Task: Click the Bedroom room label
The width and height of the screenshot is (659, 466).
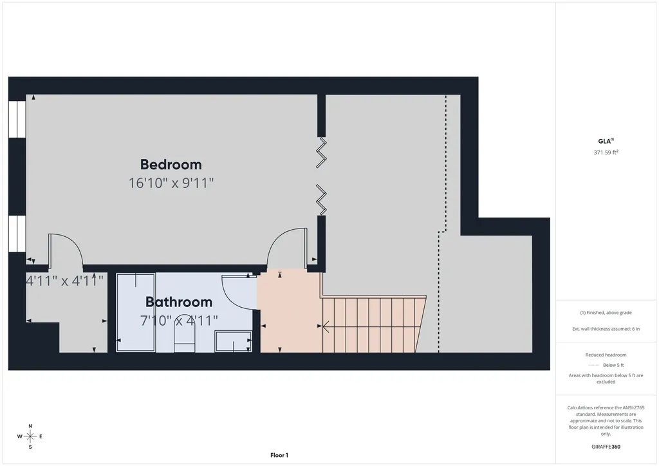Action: (171, 164)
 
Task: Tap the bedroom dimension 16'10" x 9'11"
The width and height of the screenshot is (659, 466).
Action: (171, 183)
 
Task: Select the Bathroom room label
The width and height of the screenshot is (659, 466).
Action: (179, 302)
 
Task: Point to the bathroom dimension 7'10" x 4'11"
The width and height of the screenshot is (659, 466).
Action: (179, 321)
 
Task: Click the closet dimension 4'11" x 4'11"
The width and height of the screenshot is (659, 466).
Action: (65, 281)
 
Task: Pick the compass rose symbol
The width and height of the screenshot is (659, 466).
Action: (30, 436)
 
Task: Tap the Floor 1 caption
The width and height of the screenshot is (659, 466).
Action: (279, 455)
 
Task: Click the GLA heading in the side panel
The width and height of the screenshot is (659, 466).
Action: (606, 141)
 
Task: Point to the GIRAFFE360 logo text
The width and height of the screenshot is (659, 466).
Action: (606, 447)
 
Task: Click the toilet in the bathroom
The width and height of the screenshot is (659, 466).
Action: (185, 339)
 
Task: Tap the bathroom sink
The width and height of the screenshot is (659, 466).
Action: (233, 341)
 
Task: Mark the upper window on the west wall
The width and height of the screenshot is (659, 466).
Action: (17, 119)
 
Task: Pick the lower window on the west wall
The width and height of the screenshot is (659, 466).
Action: (17, 234)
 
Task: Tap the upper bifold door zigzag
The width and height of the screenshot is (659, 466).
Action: (322, 153)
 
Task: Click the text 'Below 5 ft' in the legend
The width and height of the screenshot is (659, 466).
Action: (613, 365)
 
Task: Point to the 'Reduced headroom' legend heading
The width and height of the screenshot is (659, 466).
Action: (606, 355)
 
